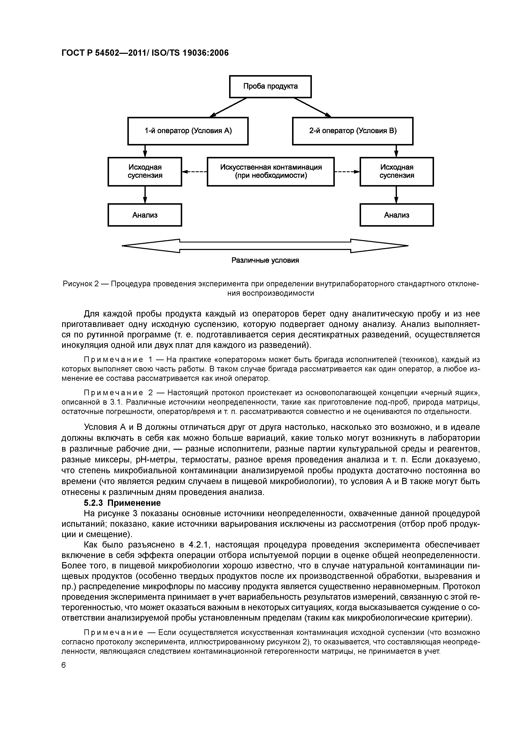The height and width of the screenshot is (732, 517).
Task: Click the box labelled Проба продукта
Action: (x=270, y=86)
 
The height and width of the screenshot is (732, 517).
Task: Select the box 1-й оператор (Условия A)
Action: (x=188, y=131)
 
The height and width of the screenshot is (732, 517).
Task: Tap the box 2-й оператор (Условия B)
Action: (x=353, y=131)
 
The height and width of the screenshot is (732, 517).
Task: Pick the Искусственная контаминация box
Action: (x=271, y=172)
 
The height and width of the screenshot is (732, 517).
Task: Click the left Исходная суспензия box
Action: (x=145, y=172)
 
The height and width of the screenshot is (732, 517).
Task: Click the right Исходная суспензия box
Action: (x=397, y=172)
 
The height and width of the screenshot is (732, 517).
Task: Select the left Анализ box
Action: (x=145, y=215)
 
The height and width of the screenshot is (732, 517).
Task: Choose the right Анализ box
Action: (x=397, y=215)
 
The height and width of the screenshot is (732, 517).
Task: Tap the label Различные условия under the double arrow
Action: (x=265, y=260)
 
